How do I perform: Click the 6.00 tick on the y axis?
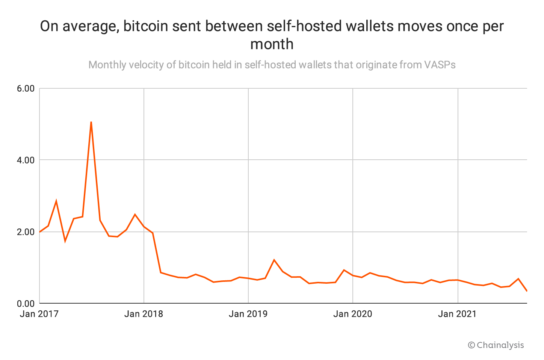coord(26,89)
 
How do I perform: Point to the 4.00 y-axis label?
coord(26,160)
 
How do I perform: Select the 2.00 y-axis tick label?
coord(26,232)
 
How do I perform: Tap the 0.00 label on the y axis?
coord(26,303)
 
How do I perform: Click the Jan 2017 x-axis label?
coord(39,314)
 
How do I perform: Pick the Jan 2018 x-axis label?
coord(144,314)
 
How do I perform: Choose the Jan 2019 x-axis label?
coord(248,314)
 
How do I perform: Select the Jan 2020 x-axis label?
coord(352,314)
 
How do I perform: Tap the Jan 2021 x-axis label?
coord(457,314)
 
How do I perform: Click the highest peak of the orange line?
coord(91,122)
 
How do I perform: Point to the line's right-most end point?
coord(527,291)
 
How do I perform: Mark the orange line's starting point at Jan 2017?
coord(39,232)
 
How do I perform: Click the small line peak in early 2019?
coord(274,260)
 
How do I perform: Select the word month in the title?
coord(272,44)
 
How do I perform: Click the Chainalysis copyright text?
coord(500,345)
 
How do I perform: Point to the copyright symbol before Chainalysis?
coord(471,345)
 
